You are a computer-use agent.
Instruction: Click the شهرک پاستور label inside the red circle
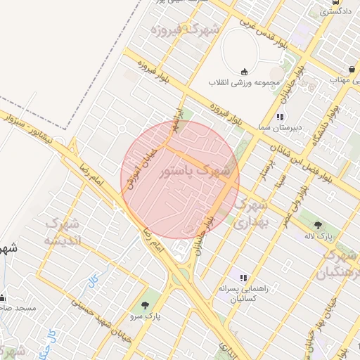click(x=195, y=171)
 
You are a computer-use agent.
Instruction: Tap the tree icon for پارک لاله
click(x=319, y=226)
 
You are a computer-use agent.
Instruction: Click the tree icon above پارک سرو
click(x=145, y=305)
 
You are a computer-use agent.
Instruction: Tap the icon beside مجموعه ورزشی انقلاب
click(x=244, y=71)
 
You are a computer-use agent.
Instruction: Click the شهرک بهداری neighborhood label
click(x=250, y=214)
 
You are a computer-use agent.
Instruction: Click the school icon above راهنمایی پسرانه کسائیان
click(x=243, y=278)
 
